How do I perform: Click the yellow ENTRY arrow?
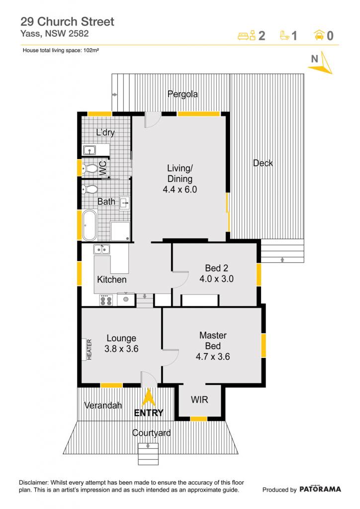pyautogui.click(x=148, y=397)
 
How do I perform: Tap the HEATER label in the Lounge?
pyautogui.click(x=90, y=349)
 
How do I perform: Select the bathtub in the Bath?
pyautogui.click(x=90, y=225)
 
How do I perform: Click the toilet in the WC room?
pyautogui.click(x=90, y=169)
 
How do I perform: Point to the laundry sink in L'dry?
pyautogui.click(x=90, y=150)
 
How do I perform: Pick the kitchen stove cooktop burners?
pyautogui.click(x=106, y=300)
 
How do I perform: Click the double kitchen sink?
pyautogui.click(x=101, y=250)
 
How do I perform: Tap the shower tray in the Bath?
pyautogui.click(x=120, y=231)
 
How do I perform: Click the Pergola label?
pyautogui.click(x=182, y=94)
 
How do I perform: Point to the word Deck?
pyautogui.click(x=263, y=163)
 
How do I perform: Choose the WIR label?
pyautogui.click(x=199, y=400)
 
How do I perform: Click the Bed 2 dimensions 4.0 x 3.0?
pyautogui.click(x=216, y=279)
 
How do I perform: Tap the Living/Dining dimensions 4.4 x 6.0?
pyautogui.click(x=180, y=189)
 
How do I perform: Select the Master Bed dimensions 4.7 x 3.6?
pyautogui.click(x=213, y=357)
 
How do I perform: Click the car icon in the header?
pyautogui.click(x=319, y=35)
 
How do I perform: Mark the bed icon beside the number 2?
pyautogui.click(x=247, y=35)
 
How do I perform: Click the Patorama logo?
pyautogui.click(x=320, y=489)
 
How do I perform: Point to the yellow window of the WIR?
pyautogui.click(x=198, y=419)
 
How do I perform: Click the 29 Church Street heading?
pyautogui.click(x=67, y=22)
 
